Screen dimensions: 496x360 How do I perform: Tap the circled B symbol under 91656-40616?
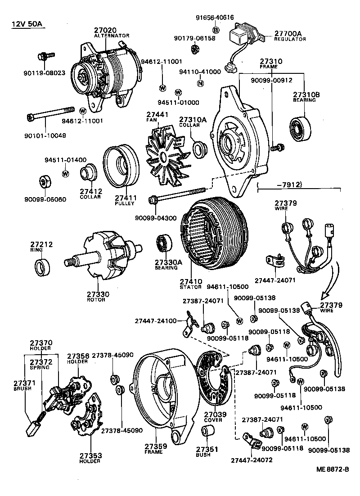tap(215, 30)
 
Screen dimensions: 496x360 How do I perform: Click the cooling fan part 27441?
tap(164, 151)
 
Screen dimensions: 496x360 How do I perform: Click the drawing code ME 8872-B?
tap(333, 470)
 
